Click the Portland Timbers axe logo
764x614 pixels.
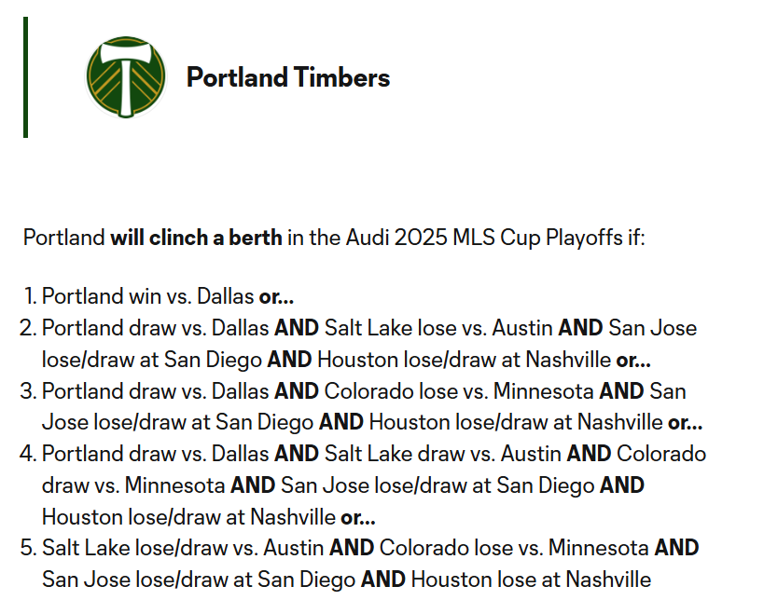coord(126,77)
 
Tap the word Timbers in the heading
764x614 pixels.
coord(341,77)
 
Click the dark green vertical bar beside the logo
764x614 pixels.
coord(26,77)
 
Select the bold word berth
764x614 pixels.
coord(256,238)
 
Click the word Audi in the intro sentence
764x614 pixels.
coord(367,238)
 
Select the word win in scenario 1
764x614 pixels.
coord(145,296)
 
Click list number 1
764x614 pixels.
coord(30,296)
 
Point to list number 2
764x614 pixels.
coord(28,328)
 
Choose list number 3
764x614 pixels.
coord(28,391)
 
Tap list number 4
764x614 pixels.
coord(28,454)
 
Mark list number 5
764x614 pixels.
coord(28,548)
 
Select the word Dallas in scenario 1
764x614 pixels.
coord(225,296)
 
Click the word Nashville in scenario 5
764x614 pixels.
coord(608,580)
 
